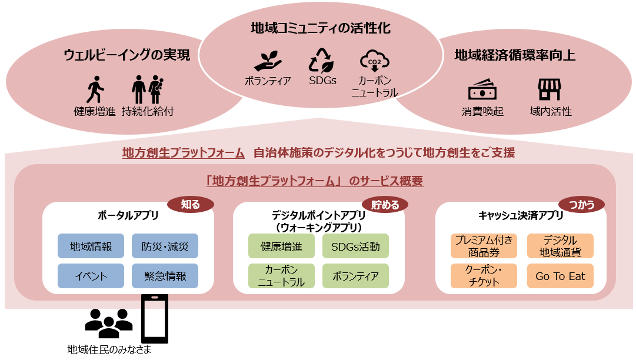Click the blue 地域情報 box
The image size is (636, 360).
[x=91, y=246]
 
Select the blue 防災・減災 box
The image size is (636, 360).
[x=165, y=246]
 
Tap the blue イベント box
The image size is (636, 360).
[x=91, y=275]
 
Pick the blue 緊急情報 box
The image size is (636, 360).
[x=165, y=275]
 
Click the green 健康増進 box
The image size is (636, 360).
[x=281, y=246]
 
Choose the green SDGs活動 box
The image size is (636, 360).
[x=355, y=246]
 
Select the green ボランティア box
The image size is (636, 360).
[x=355, y=275]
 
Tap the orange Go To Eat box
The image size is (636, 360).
[x=560, y=275]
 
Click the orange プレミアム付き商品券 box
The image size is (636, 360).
[x=484, y=246]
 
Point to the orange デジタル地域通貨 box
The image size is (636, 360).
[x=560, y=246]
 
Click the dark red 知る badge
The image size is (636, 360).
[x=191, y=204]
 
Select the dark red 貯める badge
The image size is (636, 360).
[x=385, y=204]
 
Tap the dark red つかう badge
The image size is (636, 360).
[x=585, y=204]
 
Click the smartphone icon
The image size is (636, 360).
[x=155, y=318]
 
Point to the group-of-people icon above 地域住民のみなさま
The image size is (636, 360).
[x=109, y=320]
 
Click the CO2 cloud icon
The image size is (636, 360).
[x=374, y=61]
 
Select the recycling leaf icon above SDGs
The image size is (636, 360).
[x=322, y=61]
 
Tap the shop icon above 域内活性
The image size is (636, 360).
[x=550, y=89]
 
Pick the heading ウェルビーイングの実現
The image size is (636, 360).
[x=127, y=55]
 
